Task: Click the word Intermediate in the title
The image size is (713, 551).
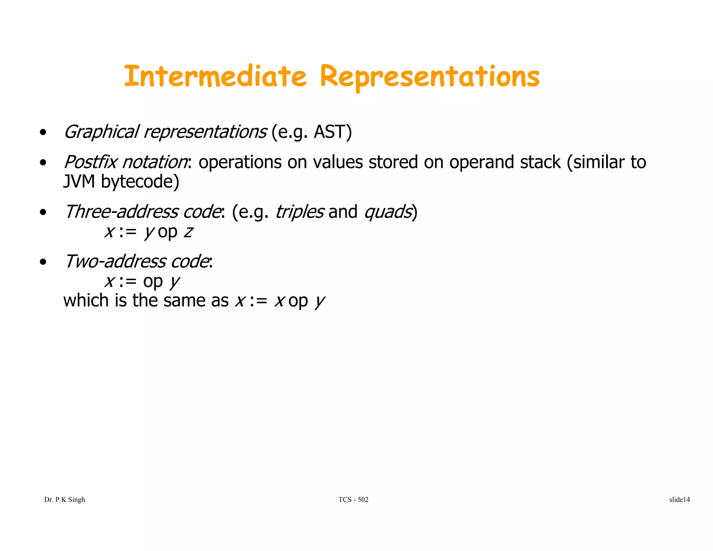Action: click(x=215, y=76)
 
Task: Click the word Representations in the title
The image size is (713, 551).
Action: click(x=430, y=77)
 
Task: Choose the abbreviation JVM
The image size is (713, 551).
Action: click(x=79, y=182)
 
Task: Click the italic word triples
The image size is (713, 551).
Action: click(x=300, y=212)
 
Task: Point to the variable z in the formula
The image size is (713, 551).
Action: click(x=188, y=232)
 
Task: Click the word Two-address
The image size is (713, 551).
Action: click(x=115, y=262)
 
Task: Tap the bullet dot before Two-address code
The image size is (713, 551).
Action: click(x=43, y=262)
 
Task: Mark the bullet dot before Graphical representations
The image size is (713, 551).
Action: click(x=43, y=133)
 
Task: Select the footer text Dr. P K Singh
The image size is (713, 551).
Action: click(x=65, y=499)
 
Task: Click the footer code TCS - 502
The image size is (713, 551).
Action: click(x=353, y=499)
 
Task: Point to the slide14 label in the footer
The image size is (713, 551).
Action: click(x=679, y=499)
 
